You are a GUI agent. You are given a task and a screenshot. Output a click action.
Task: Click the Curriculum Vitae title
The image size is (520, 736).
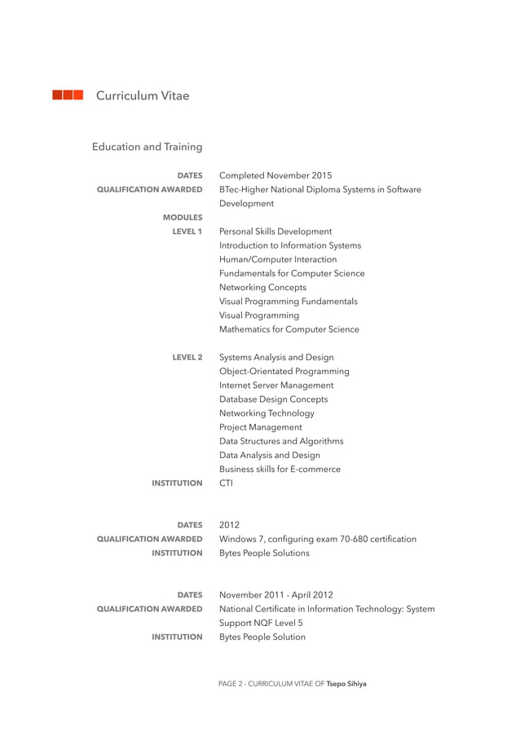[x=143, y=96]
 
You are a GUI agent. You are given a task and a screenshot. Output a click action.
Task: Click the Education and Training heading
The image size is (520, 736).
[x=147, y=147]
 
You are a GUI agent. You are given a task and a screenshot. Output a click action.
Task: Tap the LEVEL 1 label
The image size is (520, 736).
[x=187, y=231]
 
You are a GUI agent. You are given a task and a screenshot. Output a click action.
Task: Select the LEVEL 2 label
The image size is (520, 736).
[x=187, y=357]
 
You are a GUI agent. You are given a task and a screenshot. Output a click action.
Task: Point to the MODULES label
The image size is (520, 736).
[x=182, y=218]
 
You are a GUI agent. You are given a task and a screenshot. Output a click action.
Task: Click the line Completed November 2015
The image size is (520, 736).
[x=275, y=175]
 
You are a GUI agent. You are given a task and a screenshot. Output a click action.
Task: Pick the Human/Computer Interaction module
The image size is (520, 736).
[x=278, y=259]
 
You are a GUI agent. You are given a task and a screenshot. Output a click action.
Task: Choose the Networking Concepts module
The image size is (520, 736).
[x=263, y=288]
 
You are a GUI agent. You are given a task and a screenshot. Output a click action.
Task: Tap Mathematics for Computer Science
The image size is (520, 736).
[x=289, y=329]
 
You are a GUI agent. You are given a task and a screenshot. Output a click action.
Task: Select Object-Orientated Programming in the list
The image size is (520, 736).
[x=284, y=371]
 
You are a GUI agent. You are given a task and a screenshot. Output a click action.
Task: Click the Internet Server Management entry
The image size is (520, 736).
[x=276, y=385]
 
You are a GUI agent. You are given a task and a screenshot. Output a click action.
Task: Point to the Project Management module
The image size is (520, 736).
[x=261, y=427]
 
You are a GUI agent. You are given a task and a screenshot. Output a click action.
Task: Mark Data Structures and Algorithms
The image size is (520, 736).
[x=281, y=441]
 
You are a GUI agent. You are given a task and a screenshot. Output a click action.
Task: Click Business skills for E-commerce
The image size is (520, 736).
[x=280, y=469]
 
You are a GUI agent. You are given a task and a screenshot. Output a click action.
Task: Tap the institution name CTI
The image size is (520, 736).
[x=227, y=483]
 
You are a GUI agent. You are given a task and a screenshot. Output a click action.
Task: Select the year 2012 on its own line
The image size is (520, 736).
[x=230, y=525]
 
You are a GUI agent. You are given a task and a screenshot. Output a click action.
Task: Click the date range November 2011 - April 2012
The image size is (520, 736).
[x=276, y=595]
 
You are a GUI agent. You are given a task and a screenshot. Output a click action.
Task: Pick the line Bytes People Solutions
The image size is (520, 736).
[x=264, y=553]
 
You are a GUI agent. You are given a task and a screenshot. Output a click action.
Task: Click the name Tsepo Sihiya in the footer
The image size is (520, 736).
[x=346, y=684]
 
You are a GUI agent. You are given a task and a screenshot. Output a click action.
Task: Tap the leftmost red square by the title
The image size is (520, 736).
[x=57, y=95]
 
